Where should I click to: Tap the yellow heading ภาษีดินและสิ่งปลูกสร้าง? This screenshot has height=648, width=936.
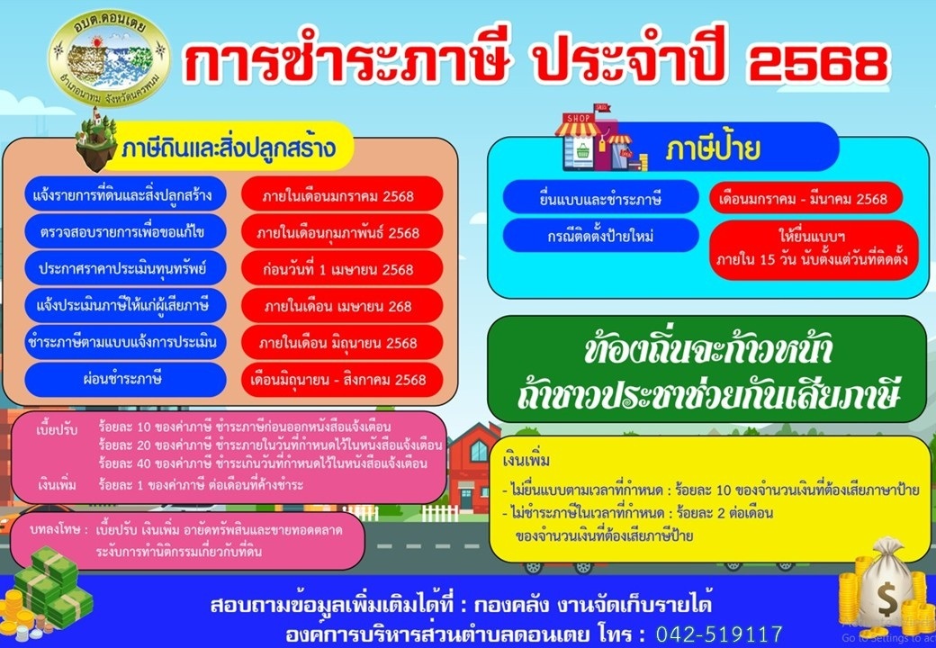coord(229,147)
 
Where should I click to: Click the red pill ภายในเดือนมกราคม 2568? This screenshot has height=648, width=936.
coord(341,194)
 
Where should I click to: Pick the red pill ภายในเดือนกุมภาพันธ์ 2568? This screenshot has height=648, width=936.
coord(341,231)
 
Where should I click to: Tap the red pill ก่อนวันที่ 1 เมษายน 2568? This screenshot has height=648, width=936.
coord(341,268)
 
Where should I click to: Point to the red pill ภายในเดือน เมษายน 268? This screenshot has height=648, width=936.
coord(341,305)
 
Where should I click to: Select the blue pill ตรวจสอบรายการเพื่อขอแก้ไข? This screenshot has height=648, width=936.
coord(125,231)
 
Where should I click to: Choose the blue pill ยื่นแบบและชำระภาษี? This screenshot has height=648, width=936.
coord(600,197)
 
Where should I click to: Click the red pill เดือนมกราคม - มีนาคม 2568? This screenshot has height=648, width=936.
coord(805,197)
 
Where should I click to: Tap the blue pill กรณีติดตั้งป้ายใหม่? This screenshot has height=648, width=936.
coord(600,236)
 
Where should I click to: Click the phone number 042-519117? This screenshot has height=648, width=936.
coord(719,634)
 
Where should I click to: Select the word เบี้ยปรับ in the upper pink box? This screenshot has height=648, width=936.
coord(57,429)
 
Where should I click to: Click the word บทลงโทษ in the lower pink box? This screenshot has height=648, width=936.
coord(56,529)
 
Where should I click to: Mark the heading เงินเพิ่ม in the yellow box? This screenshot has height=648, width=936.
coord(526,461)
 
